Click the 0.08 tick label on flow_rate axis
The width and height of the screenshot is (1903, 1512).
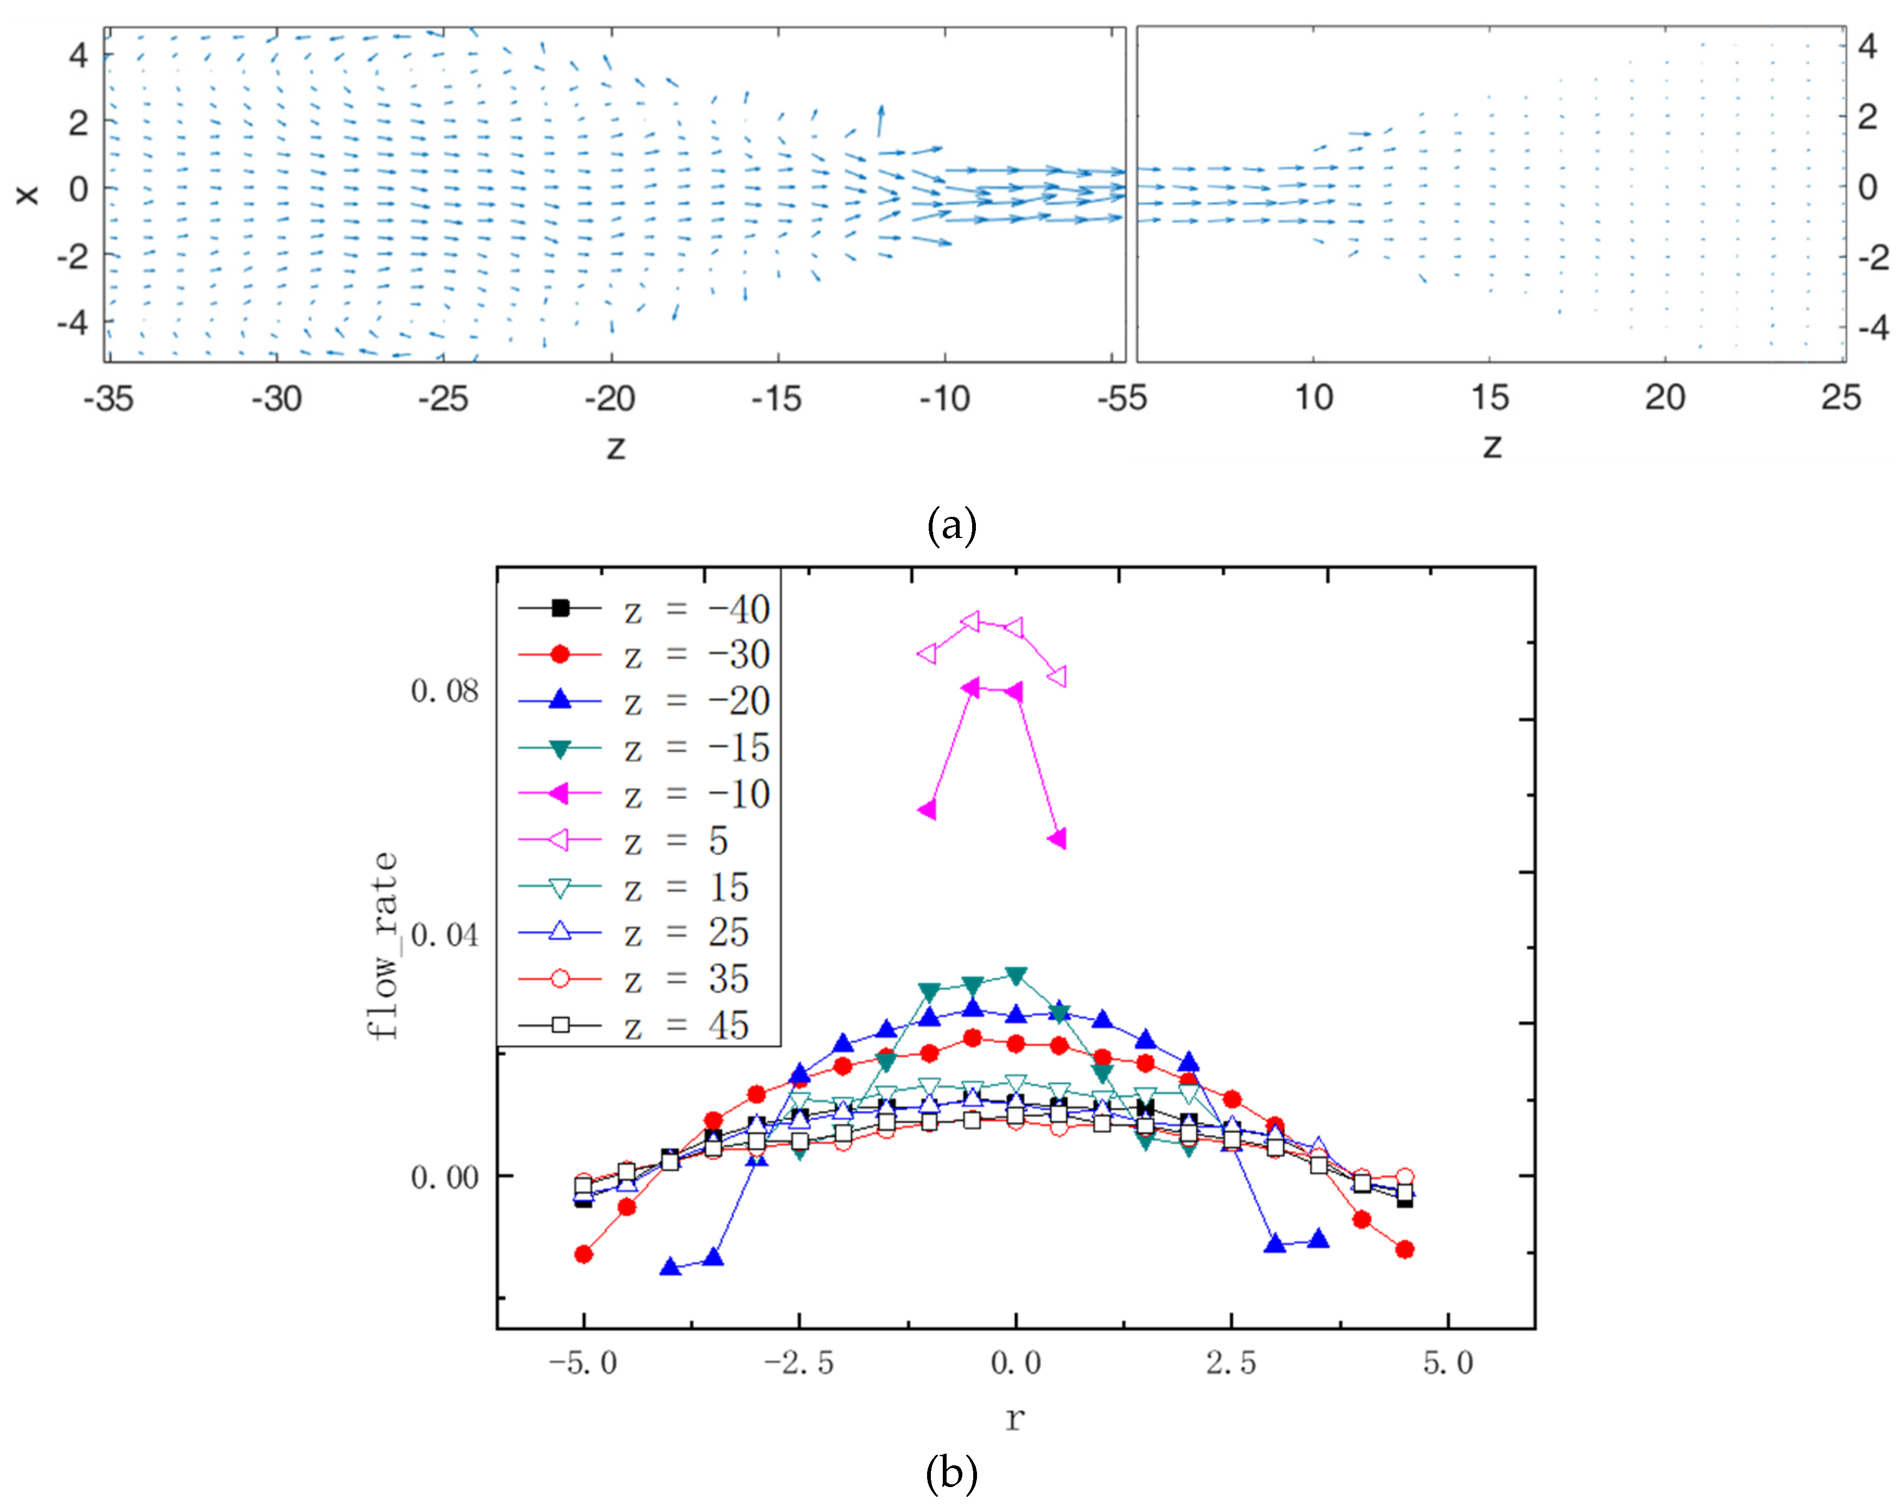[444, 691]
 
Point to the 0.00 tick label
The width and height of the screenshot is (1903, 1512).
[444, 1177]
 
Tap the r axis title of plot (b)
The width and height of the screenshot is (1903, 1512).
[1015, 1418]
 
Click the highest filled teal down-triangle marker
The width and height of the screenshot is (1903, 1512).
[1016, 975]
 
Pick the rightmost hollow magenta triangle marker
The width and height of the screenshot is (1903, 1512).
[1058, 676]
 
